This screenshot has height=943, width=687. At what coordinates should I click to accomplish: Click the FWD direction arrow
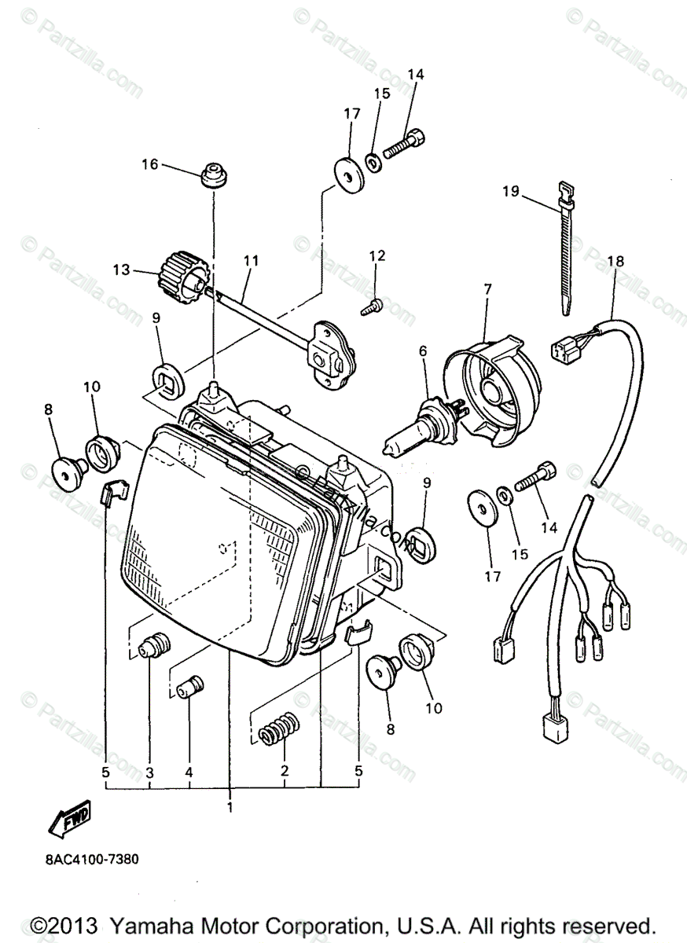[x=70, y=818]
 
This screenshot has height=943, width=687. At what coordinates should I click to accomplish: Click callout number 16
[x=149, y=164]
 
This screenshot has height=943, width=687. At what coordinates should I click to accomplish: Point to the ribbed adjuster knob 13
[x=182, y=277]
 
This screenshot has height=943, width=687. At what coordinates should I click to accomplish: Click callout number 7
[x=487, y=290]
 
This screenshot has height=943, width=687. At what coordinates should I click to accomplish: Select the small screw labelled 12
[x=373, y=306]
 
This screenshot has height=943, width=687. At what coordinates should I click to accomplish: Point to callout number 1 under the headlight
[x=230, y=807]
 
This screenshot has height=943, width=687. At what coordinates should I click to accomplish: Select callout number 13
[x=120, y=269]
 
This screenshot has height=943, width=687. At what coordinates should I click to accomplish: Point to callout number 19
[x=511, y=191]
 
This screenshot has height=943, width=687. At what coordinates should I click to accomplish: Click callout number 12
[x=377, y=255]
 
